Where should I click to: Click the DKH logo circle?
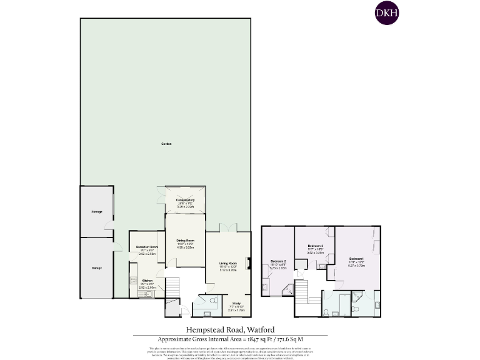[387, 12]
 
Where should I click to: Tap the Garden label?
[166, 144]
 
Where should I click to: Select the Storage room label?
[97, 212]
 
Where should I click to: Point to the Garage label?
[97, 268]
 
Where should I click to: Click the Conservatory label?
[185, 200]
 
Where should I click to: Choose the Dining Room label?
[185, 241]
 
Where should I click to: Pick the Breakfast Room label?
[146, 247]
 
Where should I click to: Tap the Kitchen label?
[146, 280]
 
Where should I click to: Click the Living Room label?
[228, 264]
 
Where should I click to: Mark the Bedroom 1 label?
[357, 259]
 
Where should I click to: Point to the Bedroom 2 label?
[278, 261]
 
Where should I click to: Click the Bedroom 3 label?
[315, 246]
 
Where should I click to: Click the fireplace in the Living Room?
[249, 263]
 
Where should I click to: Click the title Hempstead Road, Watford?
[230, 329]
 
